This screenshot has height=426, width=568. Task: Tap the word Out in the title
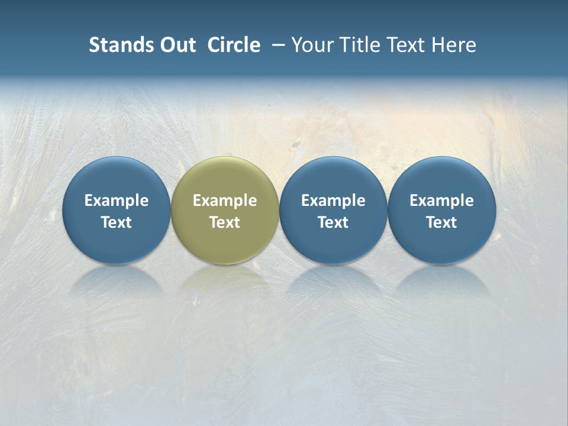coord(176,45)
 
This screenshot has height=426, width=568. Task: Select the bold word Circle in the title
coord(234,45)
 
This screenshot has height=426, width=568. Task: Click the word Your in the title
coord(312,45)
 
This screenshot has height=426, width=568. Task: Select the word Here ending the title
coord(456,45)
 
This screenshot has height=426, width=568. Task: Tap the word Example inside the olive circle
coord(224,201)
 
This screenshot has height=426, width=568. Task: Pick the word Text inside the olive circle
coord(224,222)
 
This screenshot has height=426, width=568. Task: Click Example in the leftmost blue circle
coord(116,201)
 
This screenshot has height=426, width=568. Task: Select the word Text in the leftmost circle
coord(116,222)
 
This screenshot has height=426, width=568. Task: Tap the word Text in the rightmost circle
coord(441,222)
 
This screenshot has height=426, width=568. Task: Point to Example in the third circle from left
coord(333,201)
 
